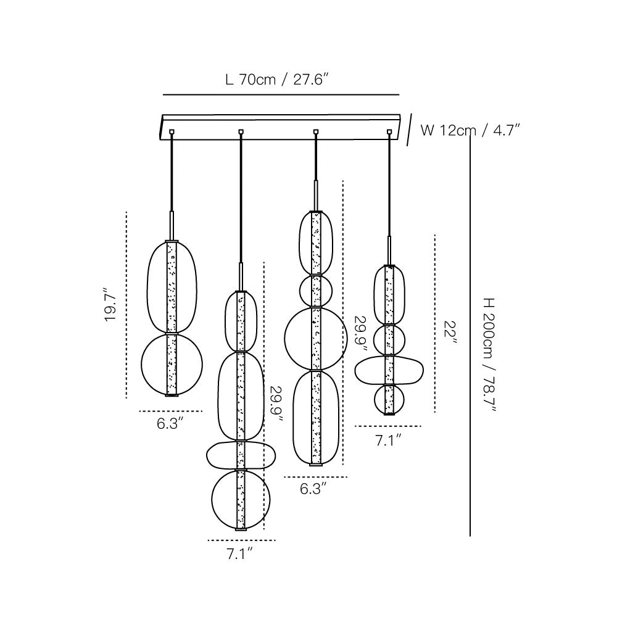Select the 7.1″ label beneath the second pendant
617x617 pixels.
point(240,554)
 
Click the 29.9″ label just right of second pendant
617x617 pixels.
point(276,404)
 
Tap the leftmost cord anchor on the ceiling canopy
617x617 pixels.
point(170,131)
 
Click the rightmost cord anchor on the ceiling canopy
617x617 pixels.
point(389,131)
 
